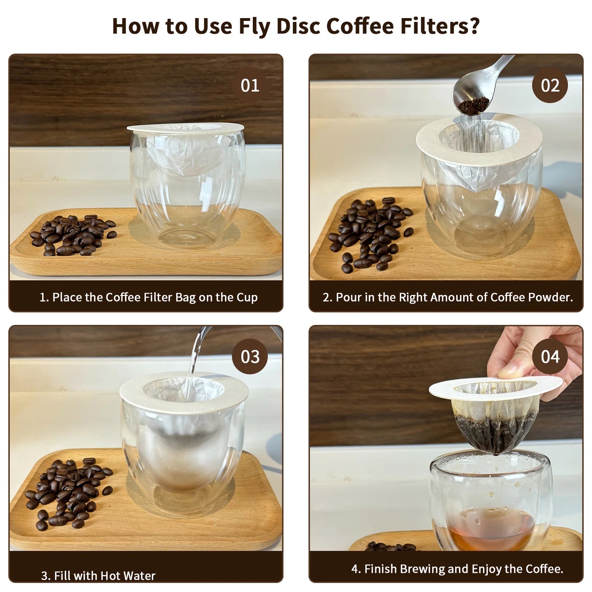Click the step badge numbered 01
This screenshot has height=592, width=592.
coord(250,85)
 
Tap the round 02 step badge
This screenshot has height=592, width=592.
coord(550,85)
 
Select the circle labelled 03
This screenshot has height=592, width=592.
coord(250,356)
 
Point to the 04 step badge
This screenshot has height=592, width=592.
coord(550,356)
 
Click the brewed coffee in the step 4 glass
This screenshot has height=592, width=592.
coord(490,529)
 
